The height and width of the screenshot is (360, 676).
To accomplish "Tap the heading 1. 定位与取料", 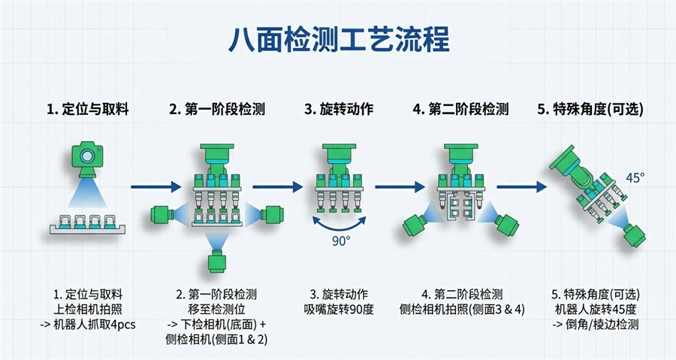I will point(87,109).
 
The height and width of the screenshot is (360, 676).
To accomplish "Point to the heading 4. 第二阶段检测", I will point(460,109).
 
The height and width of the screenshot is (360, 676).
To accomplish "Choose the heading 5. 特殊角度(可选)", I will point(590,109).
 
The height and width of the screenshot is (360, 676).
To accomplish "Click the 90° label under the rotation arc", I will point(341,242).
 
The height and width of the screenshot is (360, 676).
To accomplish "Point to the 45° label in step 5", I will point(635,178).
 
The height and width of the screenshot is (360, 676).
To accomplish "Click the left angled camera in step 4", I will point(415,225).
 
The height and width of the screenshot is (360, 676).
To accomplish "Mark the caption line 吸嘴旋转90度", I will point(338,308).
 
